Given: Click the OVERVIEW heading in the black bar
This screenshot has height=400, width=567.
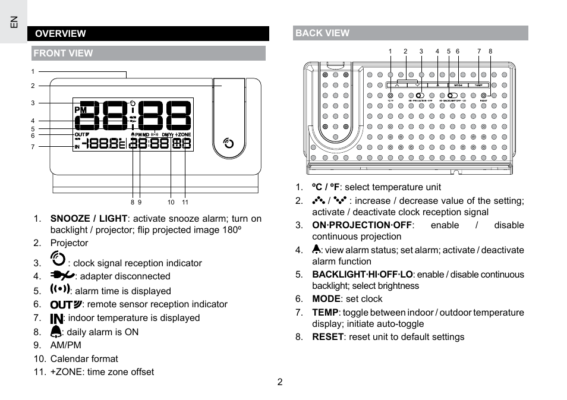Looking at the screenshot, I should [60, 34].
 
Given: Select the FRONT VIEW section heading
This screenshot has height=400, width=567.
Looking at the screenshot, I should [63, 53].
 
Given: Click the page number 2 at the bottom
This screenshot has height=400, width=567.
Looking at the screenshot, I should [279, 382].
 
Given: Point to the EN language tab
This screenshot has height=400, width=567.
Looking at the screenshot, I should [14, 22].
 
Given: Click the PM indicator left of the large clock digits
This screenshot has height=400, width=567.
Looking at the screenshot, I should [81, 110].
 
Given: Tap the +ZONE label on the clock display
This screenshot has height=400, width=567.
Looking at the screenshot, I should [183, 135].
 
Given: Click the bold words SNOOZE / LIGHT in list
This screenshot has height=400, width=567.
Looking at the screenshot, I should [89, 219].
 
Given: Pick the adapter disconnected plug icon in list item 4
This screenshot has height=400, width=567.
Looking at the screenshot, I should [62, 275].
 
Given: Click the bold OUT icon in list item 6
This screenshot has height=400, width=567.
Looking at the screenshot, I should [65, 304].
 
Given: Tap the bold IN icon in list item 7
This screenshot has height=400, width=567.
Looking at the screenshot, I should [56, 319].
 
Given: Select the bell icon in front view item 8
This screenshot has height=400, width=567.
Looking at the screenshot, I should [56, 332].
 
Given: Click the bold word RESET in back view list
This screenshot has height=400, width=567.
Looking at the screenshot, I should [327, 337].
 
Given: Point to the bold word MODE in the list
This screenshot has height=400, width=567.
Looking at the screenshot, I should [326, 299].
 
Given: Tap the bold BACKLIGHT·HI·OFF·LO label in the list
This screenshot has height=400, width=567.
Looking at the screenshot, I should [362, 275].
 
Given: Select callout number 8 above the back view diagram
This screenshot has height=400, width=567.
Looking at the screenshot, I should [490, 52].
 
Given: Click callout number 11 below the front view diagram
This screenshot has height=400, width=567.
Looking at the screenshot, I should [185, 203].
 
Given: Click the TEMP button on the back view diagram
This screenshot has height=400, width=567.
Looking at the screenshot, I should [478, 85].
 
